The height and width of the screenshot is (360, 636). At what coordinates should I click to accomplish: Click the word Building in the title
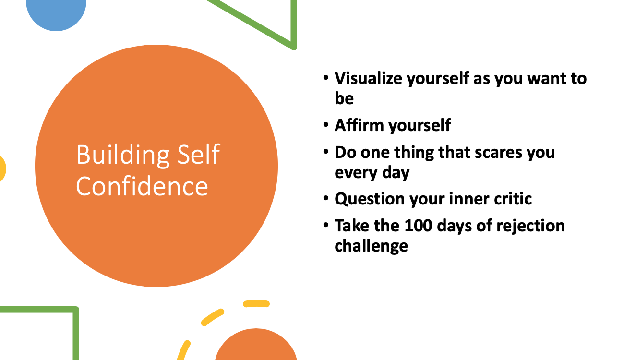tap(123, 156)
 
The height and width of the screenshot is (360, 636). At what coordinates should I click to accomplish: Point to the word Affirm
tap(359, 125)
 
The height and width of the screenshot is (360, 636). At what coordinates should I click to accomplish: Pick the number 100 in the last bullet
tap(418, 226)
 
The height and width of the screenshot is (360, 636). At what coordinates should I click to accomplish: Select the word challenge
tap(371, 246)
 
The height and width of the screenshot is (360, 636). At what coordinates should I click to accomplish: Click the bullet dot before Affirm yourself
tap(326, 125)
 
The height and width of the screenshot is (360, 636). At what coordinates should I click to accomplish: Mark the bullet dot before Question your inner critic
tap(326, 198)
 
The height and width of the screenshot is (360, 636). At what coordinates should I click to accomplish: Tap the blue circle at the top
tap(56, 13)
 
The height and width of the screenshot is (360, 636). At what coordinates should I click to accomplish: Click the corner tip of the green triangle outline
tap(294, 47)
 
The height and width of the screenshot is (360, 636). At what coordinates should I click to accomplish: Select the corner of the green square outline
tap(76, 310)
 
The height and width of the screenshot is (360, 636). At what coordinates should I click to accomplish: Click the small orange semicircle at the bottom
tap(256, 345)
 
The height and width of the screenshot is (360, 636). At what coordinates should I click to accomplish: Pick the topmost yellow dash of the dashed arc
tap(256, 303)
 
